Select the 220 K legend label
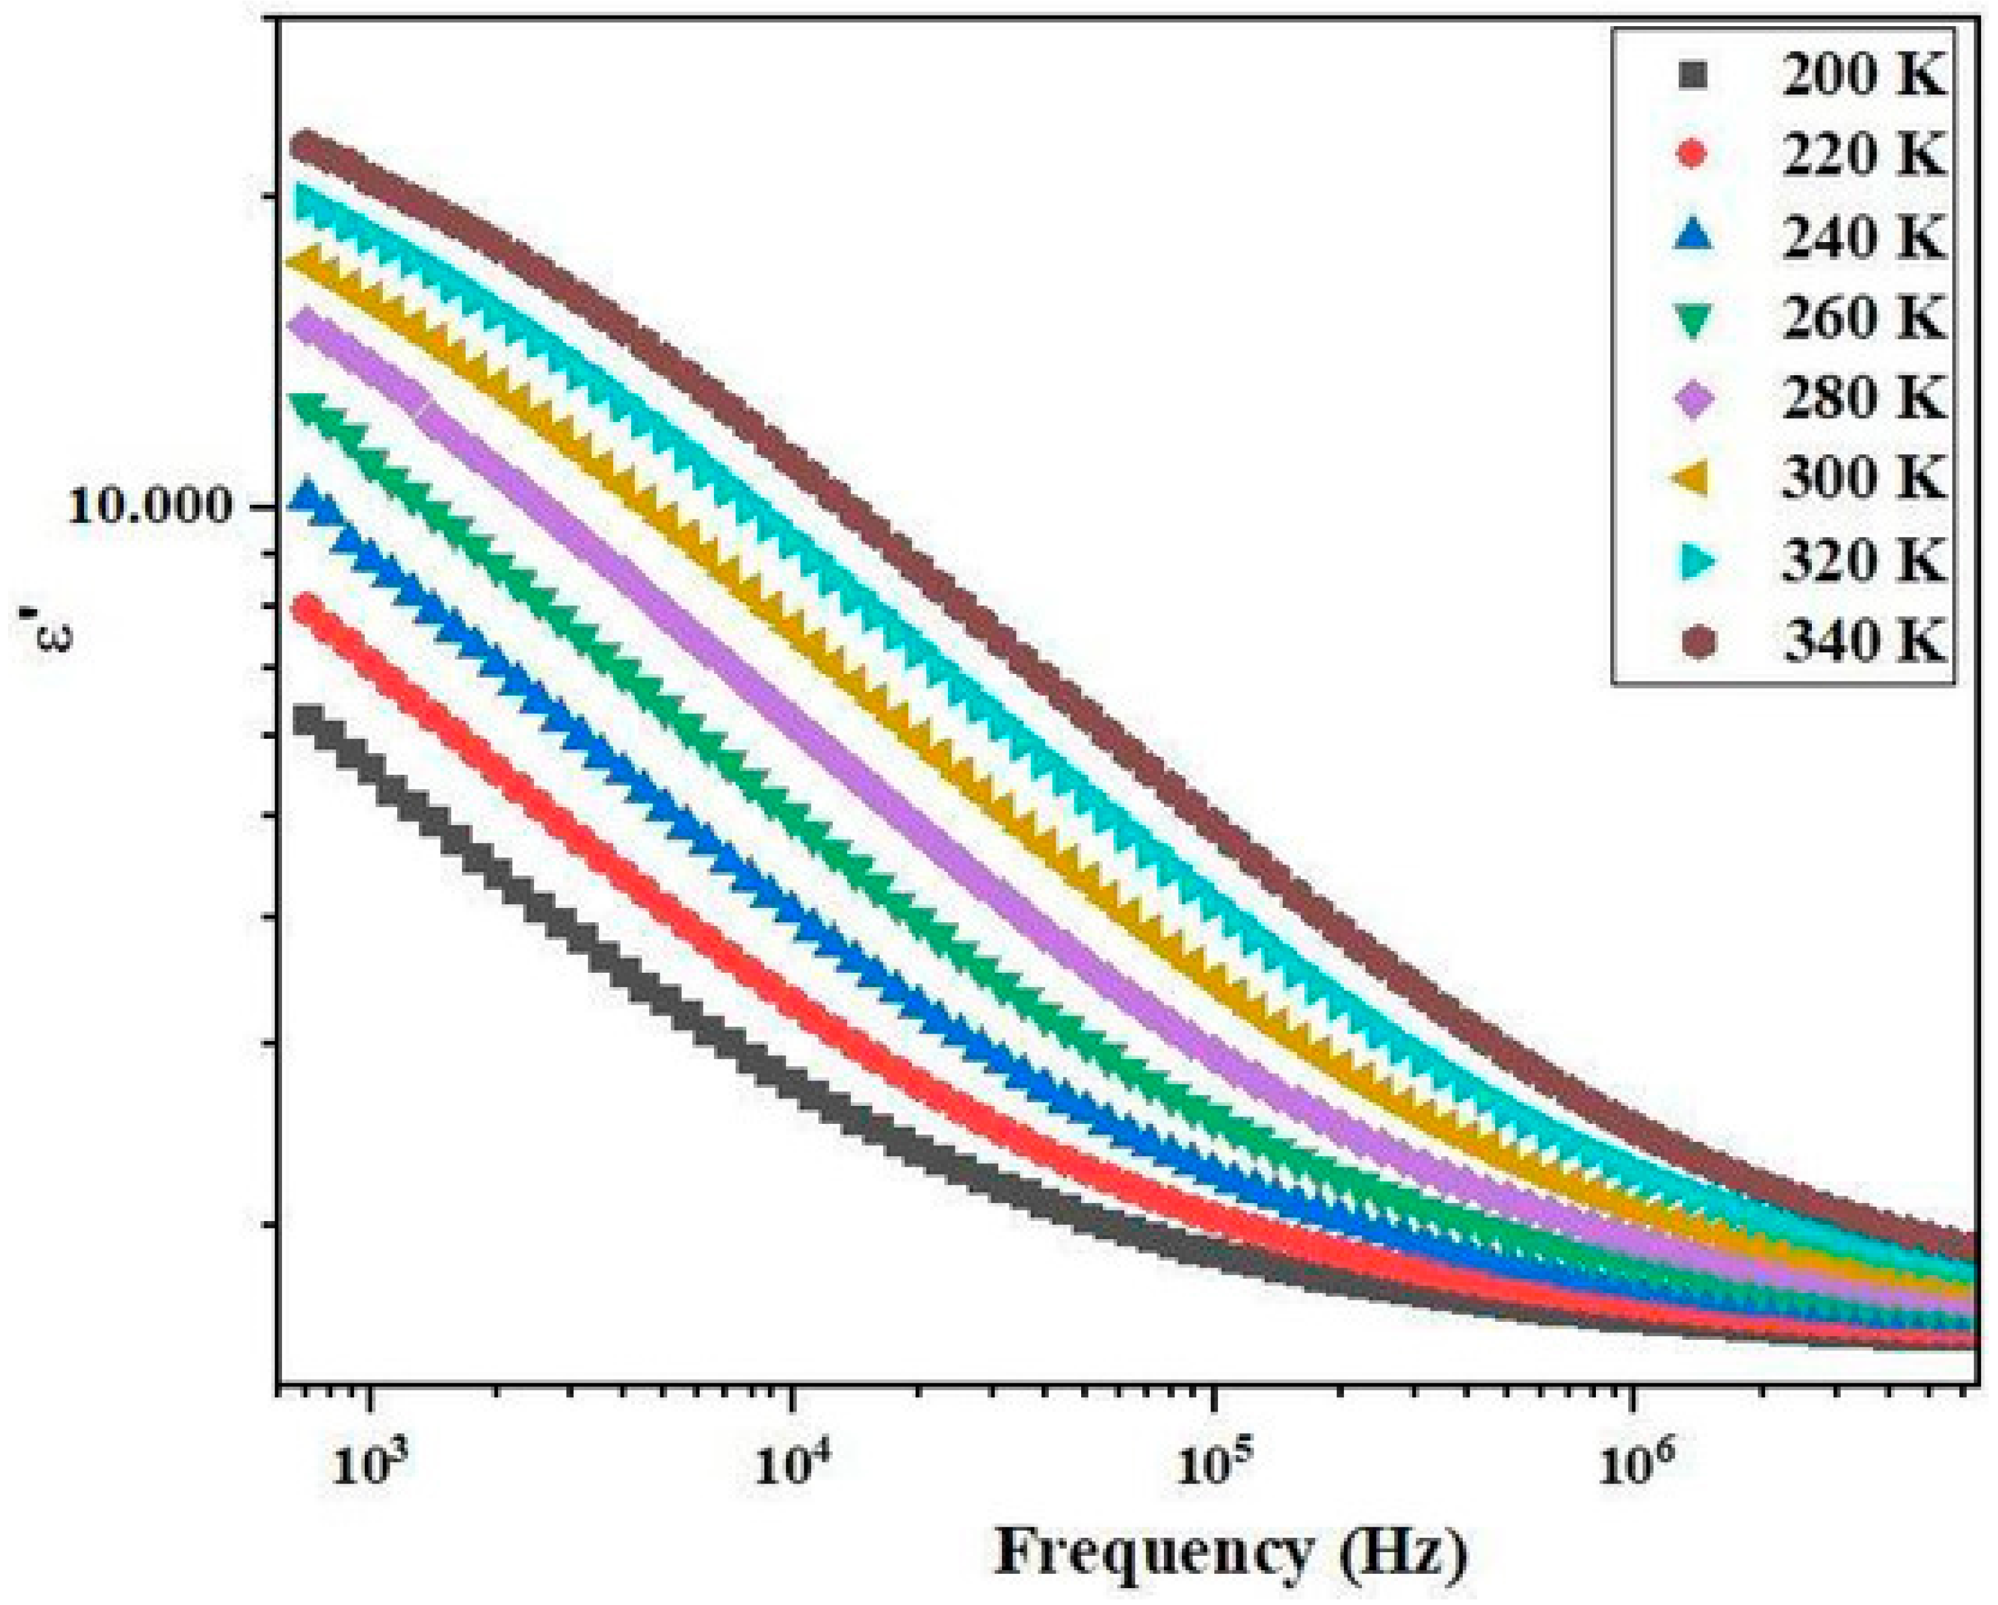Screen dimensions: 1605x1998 tap(1863, 155)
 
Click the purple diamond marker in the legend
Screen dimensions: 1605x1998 tap(1692, 400)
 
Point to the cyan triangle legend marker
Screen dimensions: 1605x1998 tap(1692, 561)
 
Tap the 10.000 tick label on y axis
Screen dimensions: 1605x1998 tap(148, 508)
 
